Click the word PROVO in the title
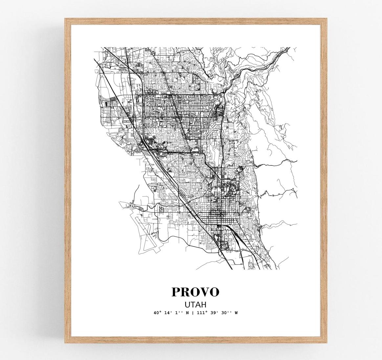coord(195,292)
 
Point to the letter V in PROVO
coord(204,292)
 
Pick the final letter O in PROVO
coord(214,292)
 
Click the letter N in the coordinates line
coord(187,313)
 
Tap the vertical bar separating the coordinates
coord(192,313)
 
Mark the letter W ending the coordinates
coord(236,313)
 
